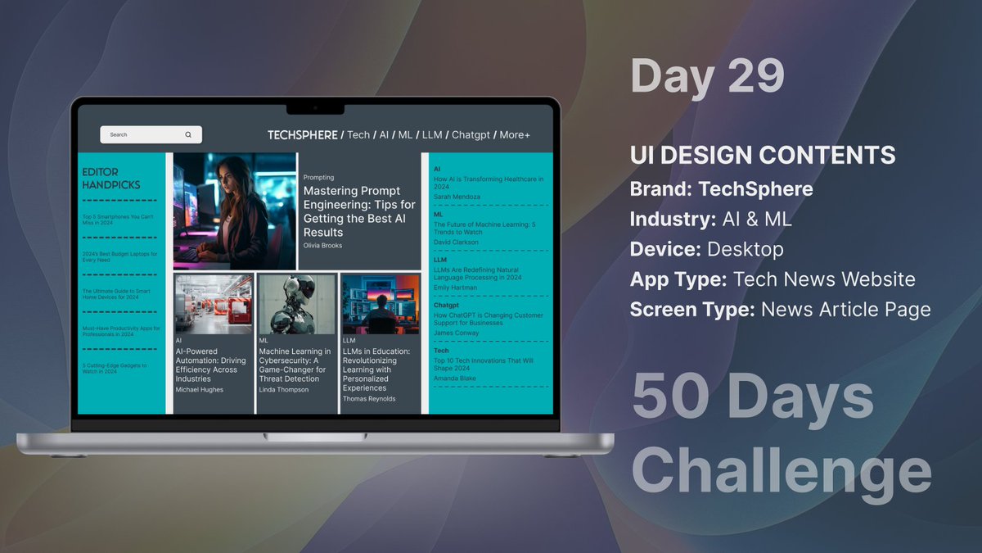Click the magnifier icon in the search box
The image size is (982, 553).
tap(188, 134)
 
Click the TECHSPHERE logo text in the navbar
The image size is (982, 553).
tap(302, 134)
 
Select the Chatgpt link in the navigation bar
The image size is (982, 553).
tap(470, 134)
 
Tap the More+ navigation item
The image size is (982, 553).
tap(515, 134)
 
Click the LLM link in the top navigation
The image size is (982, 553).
tap(431, 134)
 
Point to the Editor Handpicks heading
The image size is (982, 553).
tap(110, 179)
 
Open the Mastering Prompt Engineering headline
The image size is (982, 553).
tap(358, 211)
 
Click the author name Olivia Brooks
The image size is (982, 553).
tap(322, 246)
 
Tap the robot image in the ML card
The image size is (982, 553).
tap(296, 303)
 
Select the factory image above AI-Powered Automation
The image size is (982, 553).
tap(214, 303)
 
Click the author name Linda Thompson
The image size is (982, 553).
tap(283, 390)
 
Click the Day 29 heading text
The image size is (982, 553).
tap(707, 75)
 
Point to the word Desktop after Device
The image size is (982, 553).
tap(746, 249)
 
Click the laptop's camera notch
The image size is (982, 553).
tap(315, 108)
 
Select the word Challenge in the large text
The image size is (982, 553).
tap(781, 471)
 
